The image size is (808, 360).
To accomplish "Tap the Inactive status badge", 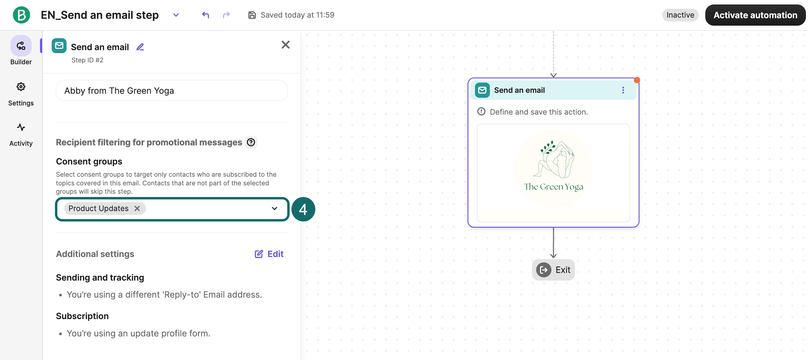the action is click(x=680, y=15).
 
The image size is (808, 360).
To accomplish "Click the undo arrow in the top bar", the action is click(x=205, y=15).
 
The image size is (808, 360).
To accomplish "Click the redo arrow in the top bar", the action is click(x=226, y=15).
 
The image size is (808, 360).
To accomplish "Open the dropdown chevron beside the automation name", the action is click(x=176, y=15).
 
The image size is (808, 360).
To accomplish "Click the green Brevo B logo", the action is click(x=21, y=15).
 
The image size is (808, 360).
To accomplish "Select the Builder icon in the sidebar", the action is click(x=21, y=46).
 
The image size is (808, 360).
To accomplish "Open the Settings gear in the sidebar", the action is click(x=21, y=87).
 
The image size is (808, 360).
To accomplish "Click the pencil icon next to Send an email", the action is click(x=140, y=47).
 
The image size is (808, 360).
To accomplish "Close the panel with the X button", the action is click(x=285, y=44).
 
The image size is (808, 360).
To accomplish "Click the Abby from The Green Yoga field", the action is click(x=172, y=91).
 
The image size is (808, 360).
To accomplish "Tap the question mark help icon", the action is click(x=251, y=142).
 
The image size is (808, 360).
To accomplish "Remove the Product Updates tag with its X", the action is click(x=137, y=209).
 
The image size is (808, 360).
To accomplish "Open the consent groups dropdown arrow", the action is click(x=274, y=209).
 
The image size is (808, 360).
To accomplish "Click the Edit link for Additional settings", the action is click(x=269, y=254).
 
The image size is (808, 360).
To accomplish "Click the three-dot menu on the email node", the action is click(x=623, y=90).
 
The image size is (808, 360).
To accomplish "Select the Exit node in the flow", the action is click(x=553, y=270).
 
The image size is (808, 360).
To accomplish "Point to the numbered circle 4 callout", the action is click(x=303, y=209).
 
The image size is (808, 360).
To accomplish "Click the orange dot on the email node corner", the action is click(x=637, y=80).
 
